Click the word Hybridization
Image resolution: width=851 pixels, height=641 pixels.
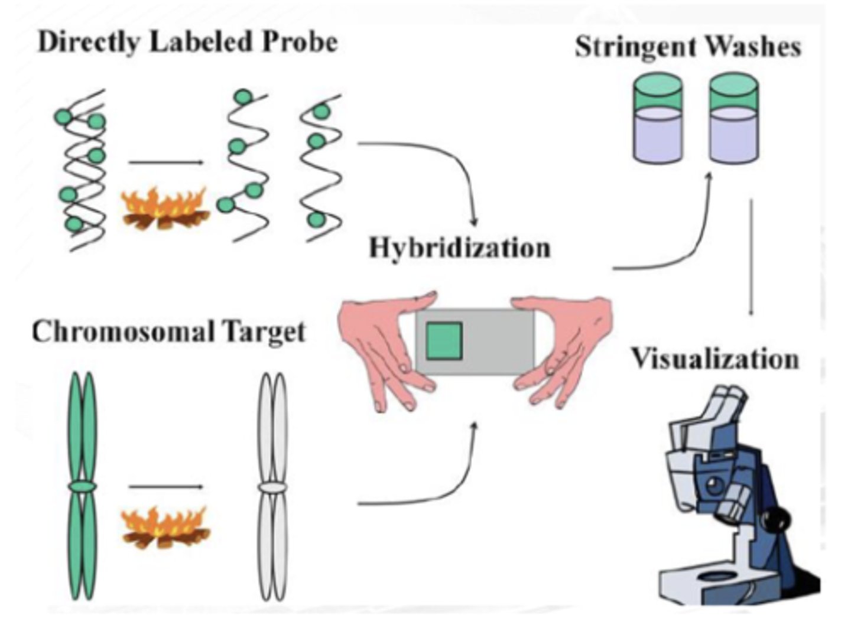click(459, 248)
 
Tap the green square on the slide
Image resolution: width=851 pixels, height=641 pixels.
click(444, 341)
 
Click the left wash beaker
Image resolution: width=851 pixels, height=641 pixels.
click(658, 118)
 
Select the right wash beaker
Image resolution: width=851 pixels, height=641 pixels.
click(733, 118)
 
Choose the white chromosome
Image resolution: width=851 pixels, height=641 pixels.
click(272, 487)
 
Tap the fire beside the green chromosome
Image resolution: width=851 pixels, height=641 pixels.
click(165, 527)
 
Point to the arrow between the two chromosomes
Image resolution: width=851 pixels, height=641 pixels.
click(165, 487)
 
